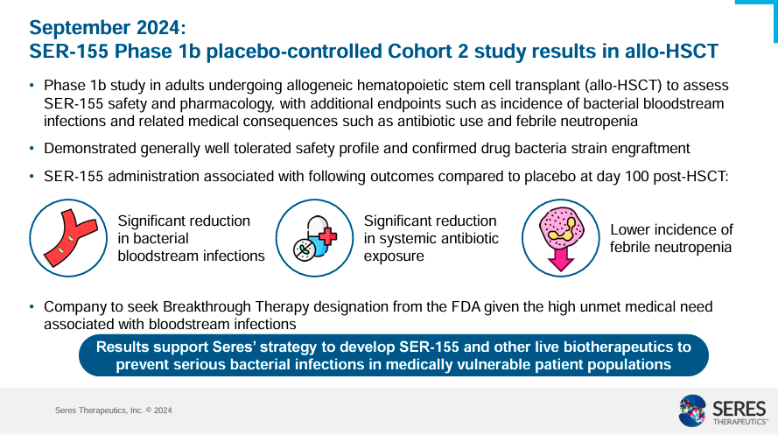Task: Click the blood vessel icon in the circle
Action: coord(68,238)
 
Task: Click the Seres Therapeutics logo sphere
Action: coord(696,410)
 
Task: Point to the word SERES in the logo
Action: coord(740,406)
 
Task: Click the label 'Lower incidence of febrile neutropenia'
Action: coord(671,238)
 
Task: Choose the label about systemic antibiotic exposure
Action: coord(431,238)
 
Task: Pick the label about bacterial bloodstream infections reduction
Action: coord(191,238)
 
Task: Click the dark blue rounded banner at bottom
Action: coord(393,355)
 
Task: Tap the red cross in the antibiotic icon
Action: coord(327,236)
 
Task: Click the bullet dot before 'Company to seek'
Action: coord(32,307)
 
